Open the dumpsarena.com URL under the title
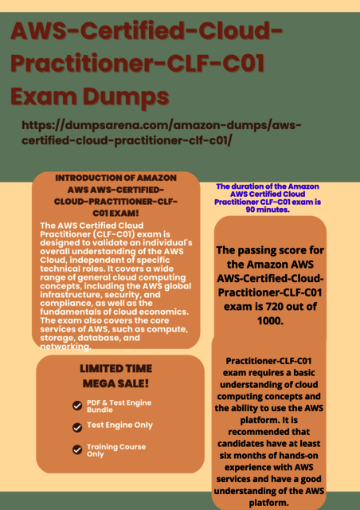tap(163, 133)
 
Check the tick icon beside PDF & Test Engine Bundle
tap(77, 406)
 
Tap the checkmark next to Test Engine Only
tap(77, 427)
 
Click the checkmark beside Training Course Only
tap(77, 450)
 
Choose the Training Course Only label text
tap(116, 450)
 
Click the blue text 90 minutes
tap(267, 210)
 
